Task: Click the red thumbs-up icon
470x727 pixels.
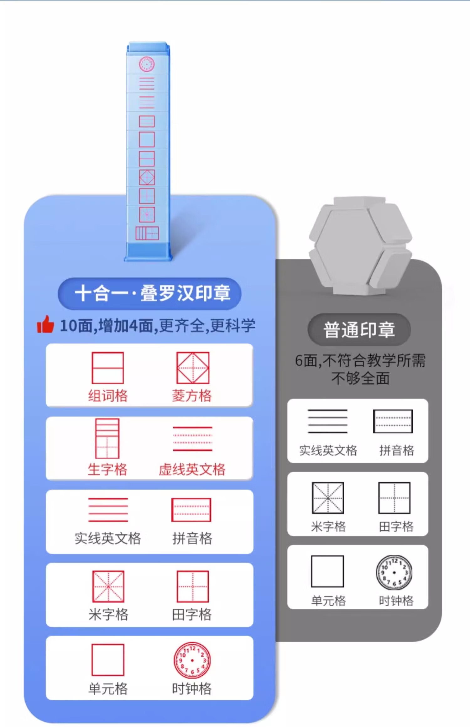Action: click(45, 324)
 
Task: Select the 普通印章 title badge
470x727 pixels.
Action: click(359, 330)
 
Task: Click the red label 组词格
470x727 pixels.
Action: click(108, 396)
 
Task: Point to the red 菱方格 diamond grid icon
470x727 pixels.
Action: click(193, 368)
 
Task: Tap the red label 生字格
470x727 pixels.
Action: click(107, 469)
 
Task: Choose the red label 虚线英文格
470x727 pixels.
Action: click(192, 469)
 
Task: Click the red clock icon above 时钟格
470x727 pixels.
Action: click(192, 660)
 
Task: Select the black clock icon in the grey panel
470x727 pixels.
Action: click(394, 573)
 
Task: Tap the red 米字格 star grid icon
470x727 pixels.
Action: click(108, 586)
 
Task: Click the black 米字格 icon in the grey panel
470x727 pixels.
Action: click(328, 498)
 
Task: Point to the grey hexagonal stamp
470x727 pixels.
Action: click(360, 246)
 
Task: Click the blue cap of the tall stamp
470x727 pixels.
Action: click(148, 48)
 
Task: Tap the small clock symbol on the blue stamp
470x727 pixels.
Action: click(147, 64)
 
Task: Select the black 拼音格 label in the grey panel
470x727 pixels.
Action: click(397, 451)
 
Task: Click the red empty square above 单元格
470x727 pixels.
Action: click(108, 660)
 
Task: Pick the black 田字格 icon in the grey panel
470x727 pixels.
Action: click(394, 498)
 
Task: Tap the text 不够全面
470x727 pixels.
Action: click(360, 378)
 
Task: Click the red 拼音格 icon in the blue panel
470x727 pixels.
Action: click(191, 510)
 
